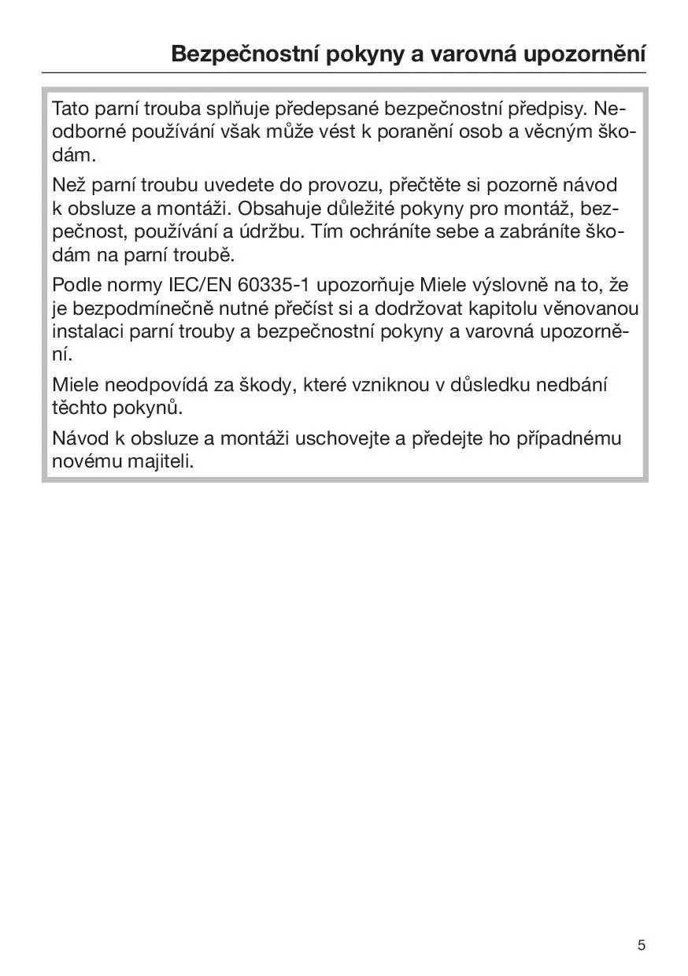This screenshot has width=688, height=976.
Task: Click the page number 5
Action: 642,945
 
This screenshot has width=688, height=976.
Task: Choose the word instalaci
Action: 83,331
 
